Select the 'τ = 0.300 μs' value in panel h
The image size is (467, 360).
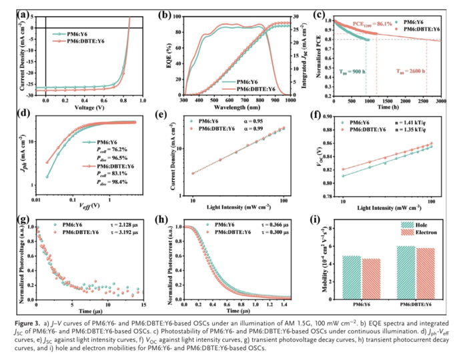(265, 235)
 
